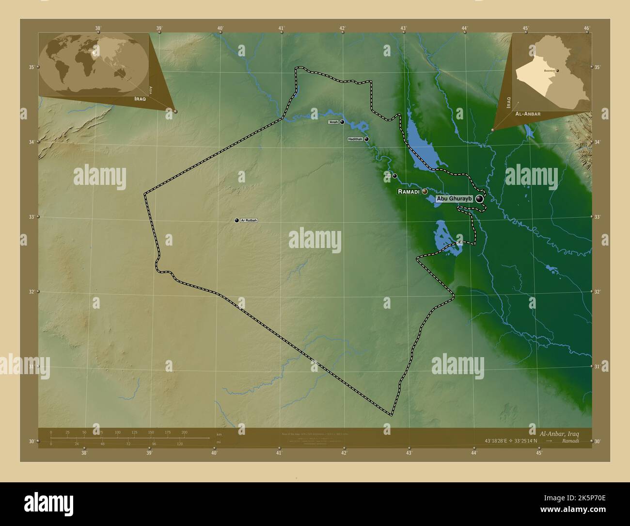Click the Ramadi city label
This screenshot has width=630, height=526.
409,192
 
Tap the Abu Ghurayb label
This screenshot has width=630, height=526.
454,198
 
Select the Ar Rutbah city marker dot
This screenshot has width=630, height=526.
236,221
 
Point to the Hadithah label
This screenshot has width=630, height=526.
355,139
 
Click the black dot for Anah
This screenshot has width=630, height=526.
342,122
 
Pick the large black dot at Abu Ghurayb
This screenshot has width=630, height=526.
479,198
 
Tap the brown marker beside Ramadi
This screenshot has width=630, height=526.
425,192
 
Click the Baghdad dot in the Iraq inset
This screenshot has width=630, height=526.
557,71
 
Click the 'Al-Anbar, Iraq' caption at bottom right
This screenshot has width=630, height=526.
559,432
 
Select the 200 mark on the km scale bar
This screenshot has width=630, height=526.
184,432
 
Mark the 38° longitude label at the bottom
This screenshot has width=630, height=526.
84,453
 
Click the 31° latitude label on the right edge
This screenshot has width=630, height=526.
597,366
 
